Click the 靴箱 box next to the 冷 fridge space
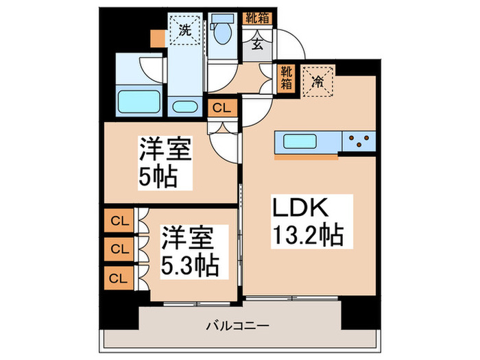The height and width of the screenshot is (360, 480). coord(284,77)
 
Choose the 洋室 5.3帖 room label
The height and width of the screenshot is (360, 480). coord(191,251)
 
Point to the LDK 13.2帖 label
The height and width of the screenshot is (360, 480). coord(306,222)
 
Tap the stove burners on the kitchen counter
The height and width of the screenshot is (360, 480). coord(360,142)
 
